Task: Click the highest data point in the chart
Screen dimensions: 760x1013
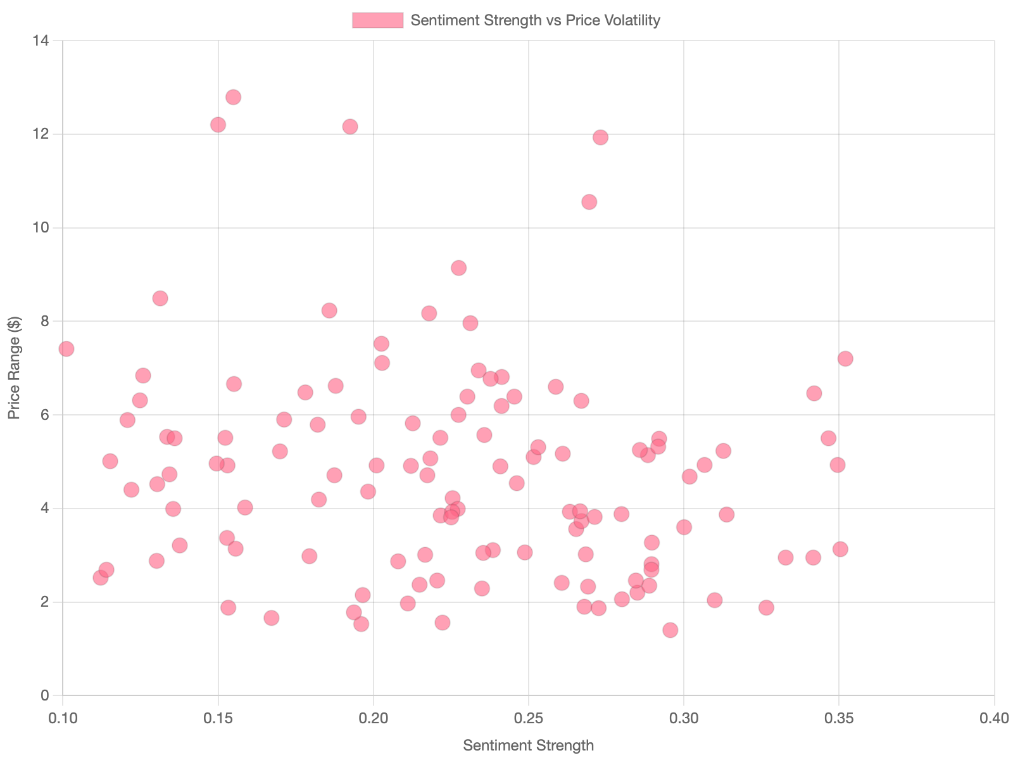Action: point(233,97)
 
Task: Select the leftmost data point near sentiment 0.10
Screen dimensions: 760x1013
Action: point(66,349)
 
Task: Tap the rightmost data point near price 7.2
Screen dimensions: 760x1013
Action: point(845,358)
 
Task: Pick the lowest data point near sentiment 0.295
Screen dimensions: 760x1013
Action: point(670,630)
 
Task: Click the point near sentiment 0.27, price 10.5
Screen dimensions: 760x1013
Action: point(589,202)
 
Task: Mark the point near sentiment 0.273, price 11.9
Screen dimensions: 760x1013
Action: point(600,137)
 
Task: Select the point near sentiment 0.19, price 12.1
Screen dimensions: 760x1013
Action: point(350,127)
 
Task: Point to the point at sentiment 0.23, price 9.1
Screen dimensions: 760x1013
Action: point(458,268)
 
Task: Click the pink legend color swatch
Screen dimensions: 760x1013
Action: point(377,20)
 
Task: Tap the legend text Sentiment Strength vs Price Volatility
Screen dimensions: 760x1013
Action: point(535,20)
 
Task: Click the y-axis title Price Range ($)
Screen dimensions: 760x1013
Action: point(15,367)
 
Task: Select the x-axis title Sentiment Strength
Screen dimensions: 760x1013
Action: point(528,745)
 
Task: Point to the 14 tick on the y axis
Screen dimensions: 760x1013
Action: point(41,41)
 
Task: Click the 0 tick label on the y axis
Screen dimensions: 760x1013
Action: point(44,695)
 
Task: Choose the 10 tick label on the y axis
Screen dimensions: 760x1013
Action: point(41,227)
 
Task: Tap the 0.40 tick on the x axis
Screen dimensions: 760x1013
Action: point(994,718)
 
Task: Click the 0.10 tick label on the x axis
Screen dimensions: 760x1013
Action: point(63,718)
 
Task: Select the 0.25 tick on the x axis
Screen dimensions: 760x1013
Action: point(529,718)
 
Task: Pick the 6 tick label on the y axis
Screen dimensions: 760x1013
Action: point(44,415)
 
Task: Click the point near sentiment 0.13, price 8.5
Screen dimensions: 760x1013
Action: point(160,298)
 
